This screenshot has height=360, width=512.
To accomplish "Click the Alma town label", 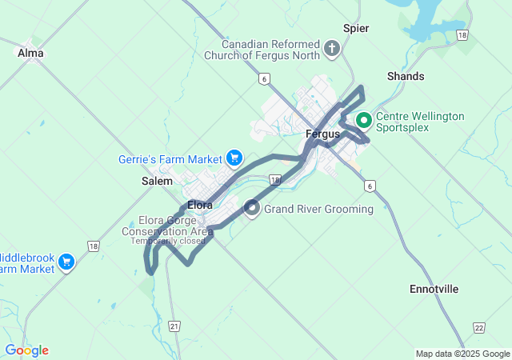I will pyautogui.click(x=30, y=53).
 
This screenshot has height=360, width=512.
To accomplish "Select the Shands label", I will pyautogui.click(x=406, y=76).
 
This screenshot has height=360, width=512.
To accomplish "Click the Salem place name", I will pyautogui.click(x=157, y=181).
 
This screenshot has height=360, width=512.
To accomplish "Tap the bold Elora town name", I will pyautogui.click(x=199, y=205).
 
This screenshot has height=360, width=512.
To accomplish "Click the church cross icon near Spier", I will pyautogui.click(x=333, y=50).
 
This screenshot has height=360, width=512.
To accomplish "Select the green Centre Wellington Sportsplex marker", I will pyautogui.click(x=363, y=121).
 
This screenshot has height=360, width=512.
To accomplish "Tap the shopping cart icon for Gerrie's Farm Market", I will pyautogui.click(x=234, y=158).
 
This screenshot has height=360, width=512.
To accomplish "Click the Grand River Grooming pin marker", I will pyautogui.click(x=251, y=209).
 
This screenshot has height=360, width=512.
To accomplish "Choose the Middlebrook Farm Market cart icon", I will pyautogui.click(x=66, y=261).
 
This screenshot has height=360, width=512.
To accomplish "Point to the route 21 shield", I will pyautogui.click(x=175, y=326).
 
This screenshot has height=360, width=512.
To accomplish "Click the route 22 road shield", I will pyautogui.click(x=478, y=327).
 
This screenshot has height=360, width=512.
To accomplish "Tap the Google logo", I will pyautogui.click(x=26, y=350).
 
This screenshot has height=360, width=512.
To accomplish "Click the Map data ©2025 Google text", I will pyautogui.click(x=462, y=354).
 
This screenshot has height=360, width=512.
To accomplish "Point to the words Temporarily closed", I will pyautogui.click(x=168, y=241).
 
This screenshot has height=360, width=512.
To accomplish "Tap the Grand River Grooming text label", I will pyautogui.click(x=318, y=210).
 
